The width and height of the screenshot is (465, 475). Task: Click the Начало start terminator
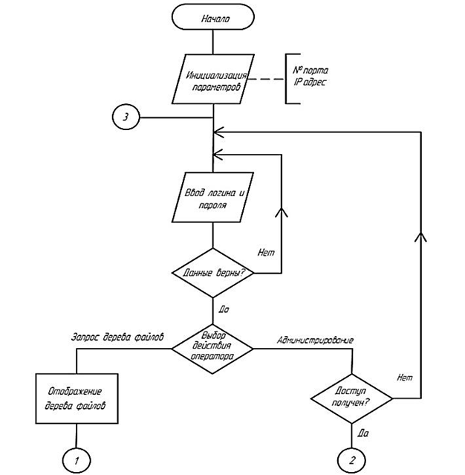[214, 19]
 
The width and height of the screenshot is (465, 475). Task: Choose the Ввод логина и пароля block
[214, 197]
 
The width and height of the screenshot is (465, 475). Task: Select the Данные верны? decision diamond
[214, 272]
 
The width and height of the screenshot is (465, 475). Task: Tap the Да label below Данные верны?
[224, 306]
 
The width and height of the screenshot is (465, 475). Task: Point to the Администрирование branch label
[314, 340]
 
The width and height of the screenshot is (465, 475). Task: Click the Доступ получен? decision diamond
[351, 400]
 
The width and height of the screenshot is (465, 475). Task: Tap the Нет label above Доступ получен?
[405, 378]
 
